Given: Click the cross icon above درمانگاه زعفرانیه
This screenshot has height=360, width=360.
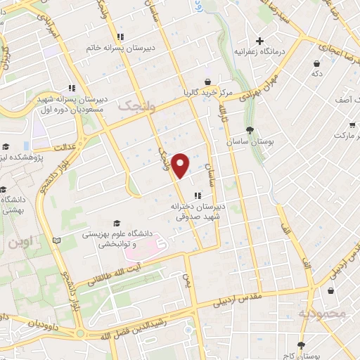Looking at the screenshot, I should (x=260, y=41).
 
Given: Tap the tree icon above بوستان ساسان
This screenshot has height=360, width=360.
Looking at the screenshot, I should (x=250, y=129).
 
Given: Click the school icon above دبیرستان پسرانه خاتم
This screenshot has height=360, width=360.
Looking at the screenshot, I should (x=120, y=37).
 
